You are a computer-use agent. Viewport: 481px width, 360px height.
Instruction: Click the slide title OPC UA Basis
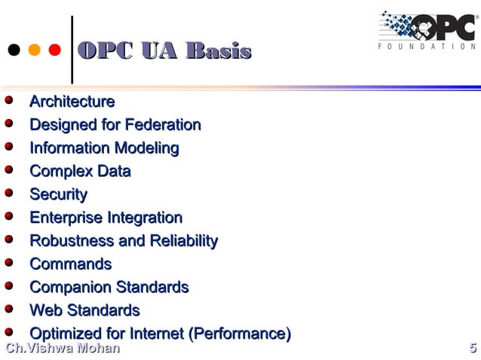point(164,51)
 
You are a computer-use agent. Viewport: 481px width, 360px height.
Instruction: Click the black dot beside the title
point(14,51)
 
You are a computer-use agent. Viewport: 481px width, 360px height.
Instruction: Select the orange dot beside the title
point(34,51)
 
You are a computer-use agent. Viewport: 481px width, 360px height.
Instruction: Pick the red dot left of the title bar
point(54,51)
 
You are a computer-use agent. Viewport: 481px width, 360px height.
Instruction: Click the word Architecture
point(72,102)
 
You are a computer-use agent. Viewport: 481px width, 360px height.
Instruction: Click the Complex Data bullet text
point(80,172)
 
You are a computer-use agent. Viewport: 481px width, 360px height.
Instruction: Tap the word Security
point(58,195)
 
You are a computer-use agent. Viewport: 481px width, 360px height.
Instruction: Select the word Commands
point(70,264)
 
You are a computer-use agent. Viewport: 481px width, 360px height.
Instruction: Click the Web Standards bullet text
point(84,311)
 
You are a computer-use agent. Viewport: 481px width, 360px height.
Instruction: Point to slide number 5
point(472,349)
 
